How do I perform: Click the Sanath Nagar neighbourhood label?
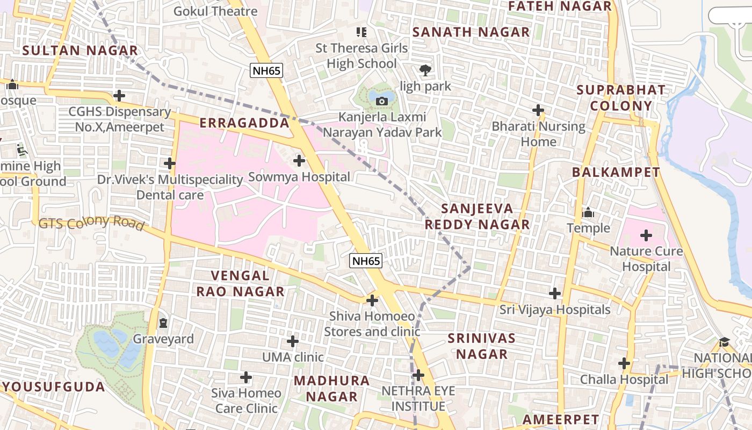pyautogui.click(x=471, y=32)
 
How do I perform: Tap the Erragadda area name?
pyautogui.click(x=244, y=123)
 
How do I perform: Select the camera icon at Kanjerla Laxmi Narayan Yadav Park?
pyautogui.click(x=382, y=101)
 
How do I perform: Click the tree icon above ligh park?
pyautogui.click(x=425, y=70)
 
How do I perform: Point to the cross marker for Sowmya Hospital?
pyautogui.click(x=299, y=161)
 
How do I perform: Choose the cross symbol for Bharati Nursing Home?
pyautogui.click(x=538, y=110)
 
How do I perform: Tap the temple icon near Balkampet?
pyautogui.click(x=588, y=212)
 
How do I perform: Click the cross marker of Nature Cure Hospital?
pyautogui.click(x=646, y=235)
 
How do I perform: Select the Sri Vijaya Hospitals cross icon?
pyautogui.click(x=555, y=293)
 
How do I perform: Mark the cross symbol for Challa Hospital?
pyautogui.click(x=624, y=363)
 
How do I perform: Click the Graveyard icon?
pyautogui.click(x=163, y=323)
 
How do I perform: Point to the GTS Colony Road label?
pyautogui.click(x=91, y=222)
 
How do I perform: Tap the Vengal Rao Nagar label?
pyautogui.click(x=240, y=284)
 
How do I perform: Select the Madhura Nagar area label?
pyautogui.click(x=332, y=389)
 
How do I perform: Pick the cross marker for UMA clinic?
pyautogui.click(x=293, y=341)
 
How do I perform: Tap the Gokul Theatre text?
pyautogui.click(x=215, y=11)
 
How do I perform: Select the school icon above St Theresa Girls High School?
pyautogui.click(x=362, y=32)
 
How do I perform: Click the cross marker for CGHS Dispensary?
pyautogui.click(x=119, y=96)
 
